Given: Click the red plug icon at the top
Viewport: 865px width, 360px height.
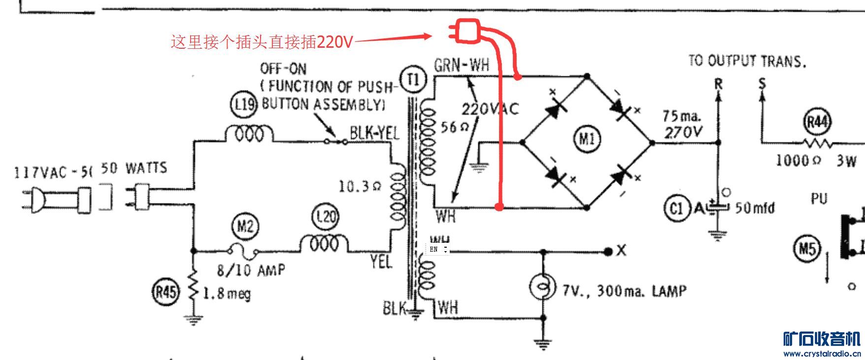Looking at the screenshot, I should click(x=466, y=32).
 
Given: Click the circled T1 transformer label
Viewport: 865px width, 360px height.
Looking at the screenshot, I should click(x=413, y=79).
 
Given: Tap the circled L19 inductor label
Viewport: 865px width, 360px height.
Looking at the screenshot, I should click(x=244, y=105).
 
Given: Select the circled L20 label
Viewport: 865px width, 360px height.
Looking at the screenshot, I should click(x=326, y=217).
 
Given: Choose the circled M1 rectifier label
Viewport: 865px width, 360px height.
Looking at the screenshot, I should click(x=587, y=139).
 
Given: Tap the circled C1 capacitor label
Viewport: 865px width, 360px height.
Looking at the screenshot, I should click(x=677, y=208).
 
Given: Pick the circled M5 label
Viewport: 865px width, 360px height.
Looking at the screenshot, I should click(x=807, y=249).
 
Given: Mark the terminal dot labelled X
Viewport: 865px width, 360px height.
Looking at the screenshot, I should click(x=608, y=251).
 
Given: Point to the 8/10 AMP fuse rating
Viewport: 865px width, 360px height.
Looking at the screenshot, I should click(x=251, y=269).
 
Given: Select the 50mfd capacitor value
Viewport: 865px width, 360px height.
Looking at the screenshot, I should click(x=755, y=208).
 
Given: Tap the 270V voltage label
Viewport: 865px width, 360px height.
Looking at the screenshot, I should click(x=684, y=132).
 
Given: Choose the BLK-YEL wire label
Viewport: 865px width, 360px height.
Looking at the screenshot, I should click(x=374, y=132).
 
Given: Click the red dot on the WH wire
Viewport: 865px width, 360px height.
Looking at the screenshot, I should click(x=499, y=207).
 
